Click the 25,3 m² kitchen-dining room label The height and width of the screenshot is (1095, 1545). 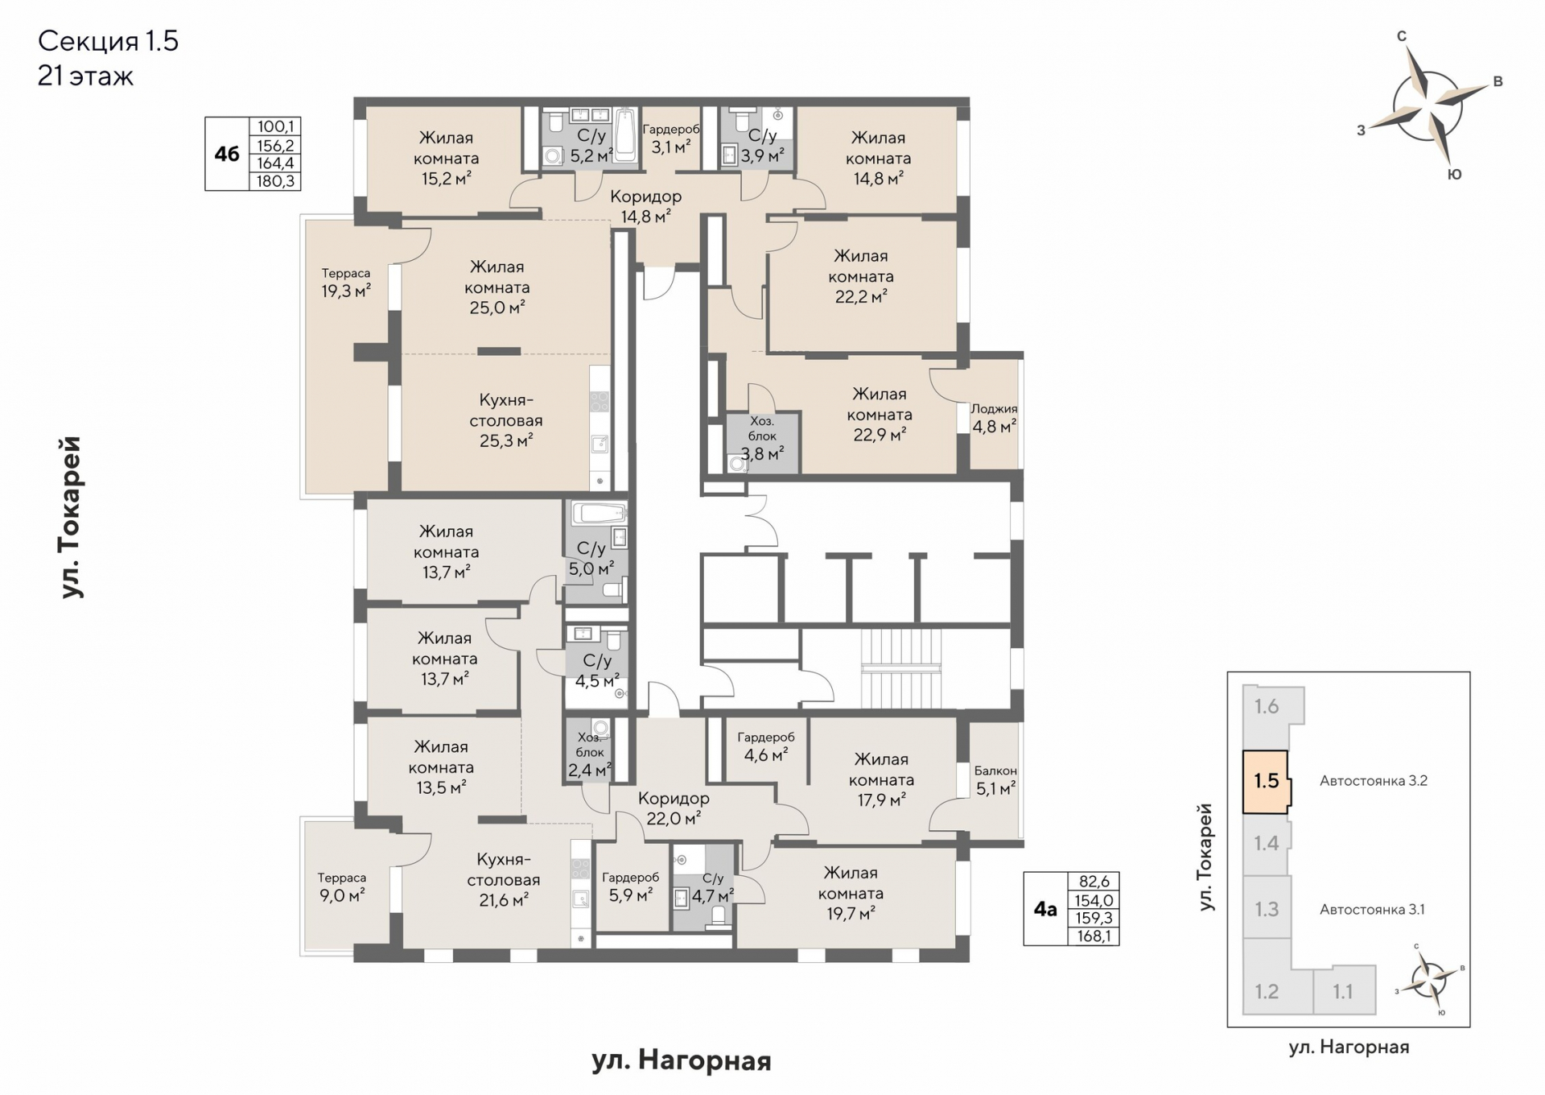coord(506,420)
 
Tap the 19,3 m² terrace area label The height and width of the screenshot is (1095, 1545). coord(346,283)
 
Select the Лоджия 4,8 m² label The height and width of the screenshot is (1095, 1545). coord(995,418)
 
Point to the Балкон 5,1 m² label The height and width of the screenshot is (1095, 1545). coord(995,780)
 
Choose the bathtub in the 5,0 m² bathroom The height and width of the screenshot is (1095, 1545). coord(599,513)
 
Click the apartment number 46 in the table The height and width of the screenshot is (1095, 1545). coord(227,154)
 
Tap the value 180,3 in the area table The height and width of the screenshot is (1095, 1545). coord(275,181)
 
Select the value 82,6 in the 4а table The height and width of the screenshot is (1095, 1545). coord(1094,882)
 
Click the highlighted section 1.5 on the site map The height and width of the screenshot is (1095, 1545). coord(1267,781)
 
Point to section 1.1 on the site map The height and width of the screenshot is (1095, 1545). coord(1343,991)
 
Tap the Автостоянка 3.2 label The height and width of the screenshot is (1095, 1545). coord(1374,780)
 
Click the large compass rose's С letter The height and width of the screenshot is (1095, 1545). coord(1401,36)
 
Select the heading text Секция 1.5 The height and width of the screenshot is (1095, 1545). coord(109,41)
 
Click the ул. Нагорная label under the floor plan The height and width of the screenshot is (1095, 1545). coord(682,1061)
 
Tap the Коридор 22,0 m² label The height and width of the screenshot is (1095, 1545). coord(674,808)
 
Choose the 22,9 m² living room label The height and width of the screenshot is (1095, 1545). coord(880,415)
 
